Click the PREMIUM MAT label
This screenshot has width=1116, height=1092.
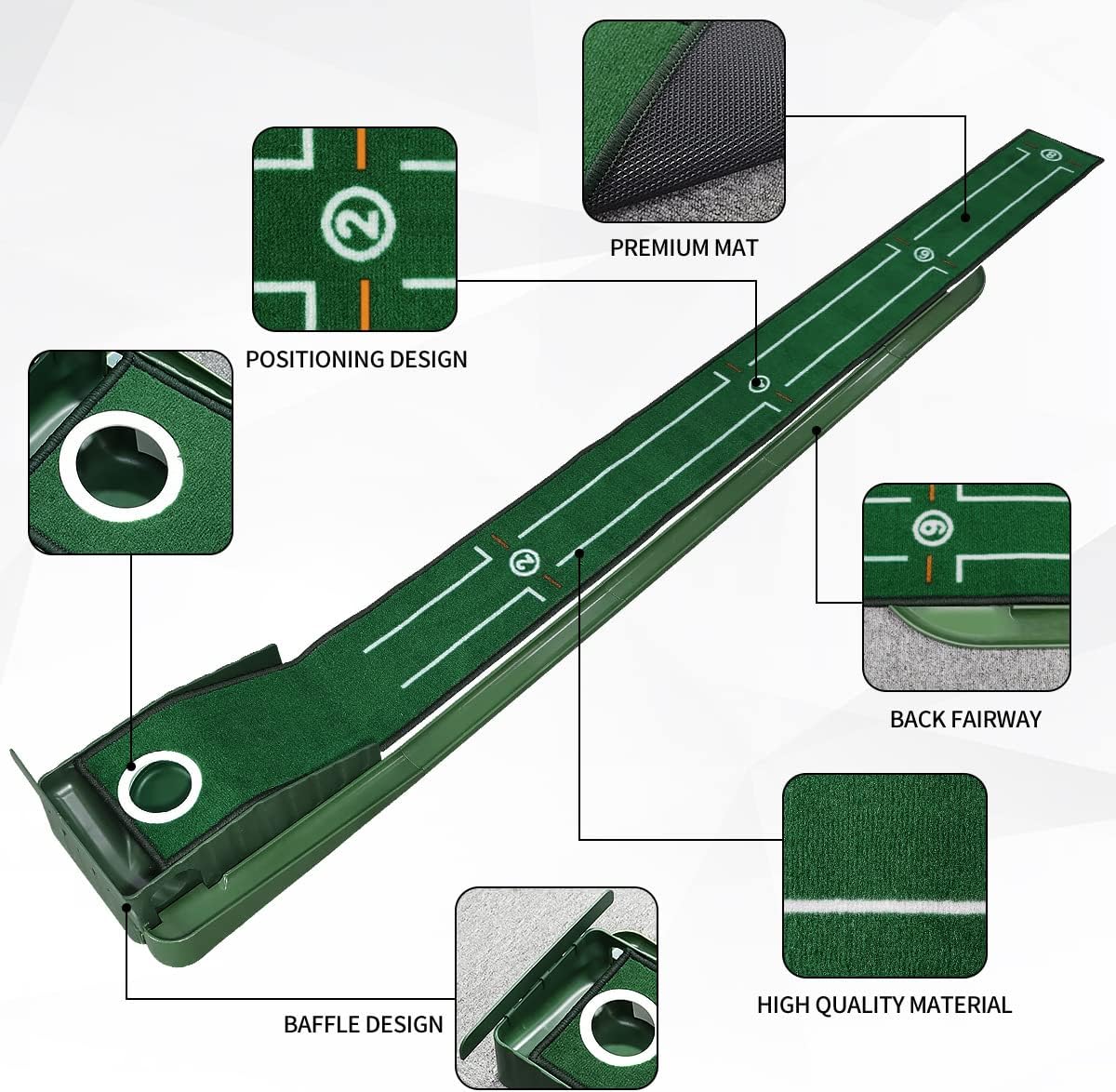coord(684,247)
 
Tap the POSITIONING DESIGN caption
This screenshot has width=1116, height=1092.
coord(356,359)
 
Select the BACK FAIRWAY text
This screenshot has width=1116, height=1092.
coord(965,719)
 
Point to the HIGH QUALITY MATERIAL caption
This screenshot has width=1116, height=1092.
coord(883,1005)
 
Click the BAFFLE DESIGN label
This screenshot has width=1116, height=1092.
coord(363,1024)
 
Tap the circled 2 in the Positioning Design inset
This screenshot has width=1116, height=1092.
coord(358,221)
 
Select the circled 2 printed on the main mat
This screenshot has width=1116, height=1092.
coord(525,562)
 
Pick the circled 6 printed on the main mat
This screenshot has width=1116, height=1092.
coord(923,254)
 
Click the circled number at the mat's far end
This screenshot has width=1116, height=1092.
coord(1052,154)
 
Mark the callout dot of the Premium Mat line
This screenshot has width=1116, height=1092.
coord(964,217)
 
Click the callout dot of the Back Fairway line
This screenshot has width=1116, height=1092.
coord(816,430)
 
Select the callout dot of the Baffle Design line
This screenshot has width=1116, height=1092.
coord(127,904)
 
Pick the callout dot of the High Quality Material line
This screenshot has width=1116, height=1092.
coord(579,553)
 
